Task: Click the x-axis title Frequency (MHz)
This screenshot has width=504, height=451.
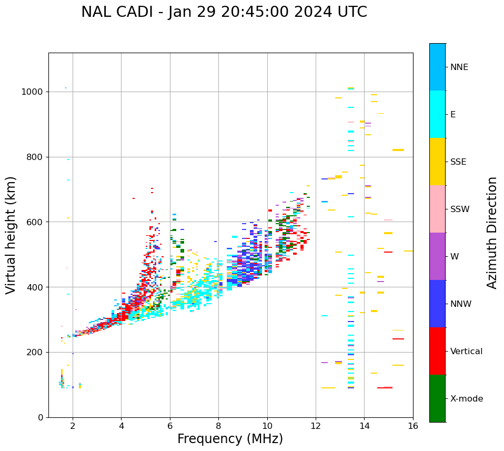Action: click(230, 439)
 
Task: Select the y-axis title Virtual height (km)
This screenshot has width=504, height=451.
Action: click(11, 235)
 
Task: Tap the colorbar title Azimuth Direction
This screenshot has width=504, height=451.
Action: click(492, 233)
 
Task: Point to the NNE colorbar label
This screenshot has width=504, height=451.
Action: click(459, 67)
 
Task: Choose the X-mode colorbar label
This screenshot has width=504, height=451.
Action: click(466, 399)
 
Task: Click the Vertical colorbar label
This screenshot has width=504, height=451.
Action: click(466, 352)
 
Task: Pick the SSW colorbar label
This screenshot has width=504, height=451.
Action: click(460, 209)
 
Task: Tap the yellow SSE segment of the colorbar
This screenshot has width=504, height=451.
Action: click(437, 162)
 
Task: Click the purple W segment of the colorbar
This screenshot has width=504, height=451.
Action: click(437, 256)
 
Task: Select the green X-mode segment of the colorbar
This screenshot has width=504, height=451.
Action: click(437, 398)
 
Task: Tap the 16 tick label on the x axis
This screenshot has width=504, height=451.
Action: click(413, 426)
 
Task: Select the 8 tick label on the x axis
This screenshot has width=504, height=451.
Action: click(218, 426)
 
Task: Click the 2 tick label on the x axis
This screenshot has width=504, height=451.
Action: click(73, 426)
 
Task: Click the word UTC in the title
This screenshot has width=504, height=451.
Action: click(349, 12)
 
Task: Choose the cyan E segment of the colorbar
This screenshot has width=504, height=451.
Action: click(437, 114)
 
